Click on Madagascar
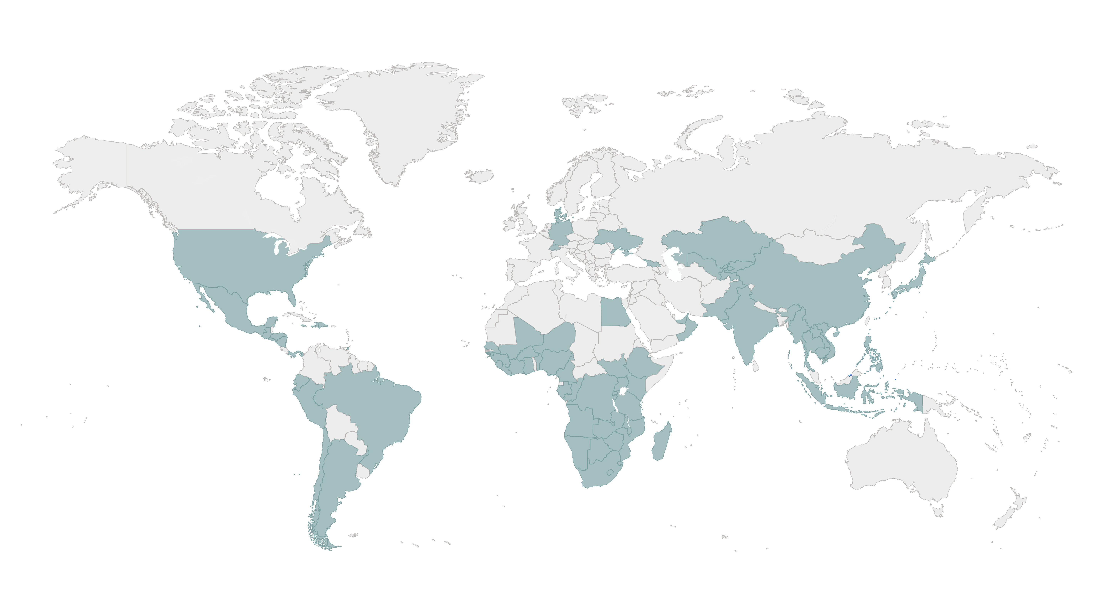(x=661, y=442)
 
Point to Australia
(x=902, y=464)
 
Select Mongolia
(x=808, y=247)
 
